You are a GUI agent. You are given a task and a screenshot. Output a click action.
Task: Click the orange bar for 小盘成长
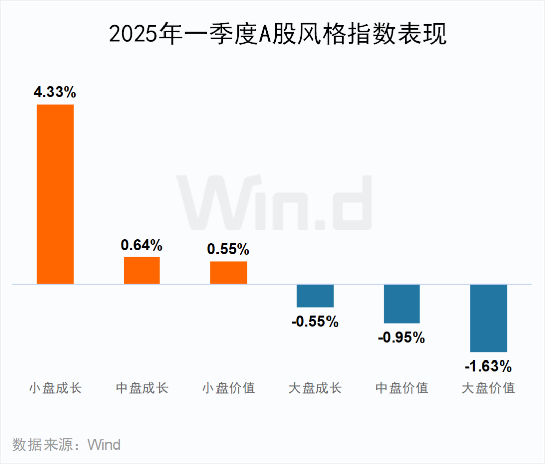56,194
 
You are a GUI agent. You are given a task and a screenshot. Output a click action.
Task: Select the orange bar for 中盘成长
142,271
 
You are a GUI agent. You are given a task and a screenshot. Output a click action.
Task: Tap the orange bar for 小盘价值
229,273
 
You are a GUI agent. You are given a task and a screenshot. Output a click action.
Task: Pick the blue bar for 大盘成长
315,296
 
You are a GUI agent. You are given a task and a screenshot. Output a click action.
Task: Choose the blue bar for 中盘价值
402,303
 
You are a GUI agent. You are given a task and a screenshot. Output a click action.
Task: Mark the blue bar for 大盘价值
488,318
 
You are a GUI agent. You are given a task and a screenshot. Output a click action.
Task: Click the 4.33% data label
55,92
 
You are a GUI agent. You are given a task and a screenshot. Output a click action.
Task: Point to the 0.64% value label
141,245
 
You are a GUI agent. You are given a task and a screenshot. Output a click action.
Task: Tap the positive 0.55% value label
229,249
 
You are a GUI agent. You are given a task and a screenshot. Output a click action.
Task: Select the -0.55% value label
315,322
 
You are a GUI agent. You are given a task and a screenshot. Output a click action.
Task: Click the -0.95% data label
402,337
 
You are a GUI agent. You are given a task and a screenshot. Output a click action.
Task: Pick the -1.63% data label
488,366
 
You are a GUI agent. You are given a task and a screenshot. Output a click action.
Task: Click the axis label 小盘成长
56,388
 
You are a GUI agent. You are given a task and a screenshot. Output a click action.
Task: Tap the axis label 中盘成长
142,388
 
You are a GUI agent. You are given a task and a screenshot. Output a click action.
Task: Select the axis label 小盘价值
229,388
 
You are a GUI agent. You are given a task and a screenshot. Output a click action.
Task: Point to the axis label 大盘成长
315,388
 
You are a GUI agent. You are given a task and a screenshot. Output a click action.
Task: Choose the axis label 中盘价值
402,388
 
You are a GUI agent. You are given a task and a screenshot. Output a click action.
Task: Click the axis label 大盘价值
488,388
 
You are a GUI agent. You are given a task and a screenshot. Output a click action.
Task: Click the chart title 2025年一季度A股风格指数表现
278,34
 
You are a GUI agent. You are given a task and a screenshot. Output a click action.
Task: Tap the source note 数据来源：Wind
67,445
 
